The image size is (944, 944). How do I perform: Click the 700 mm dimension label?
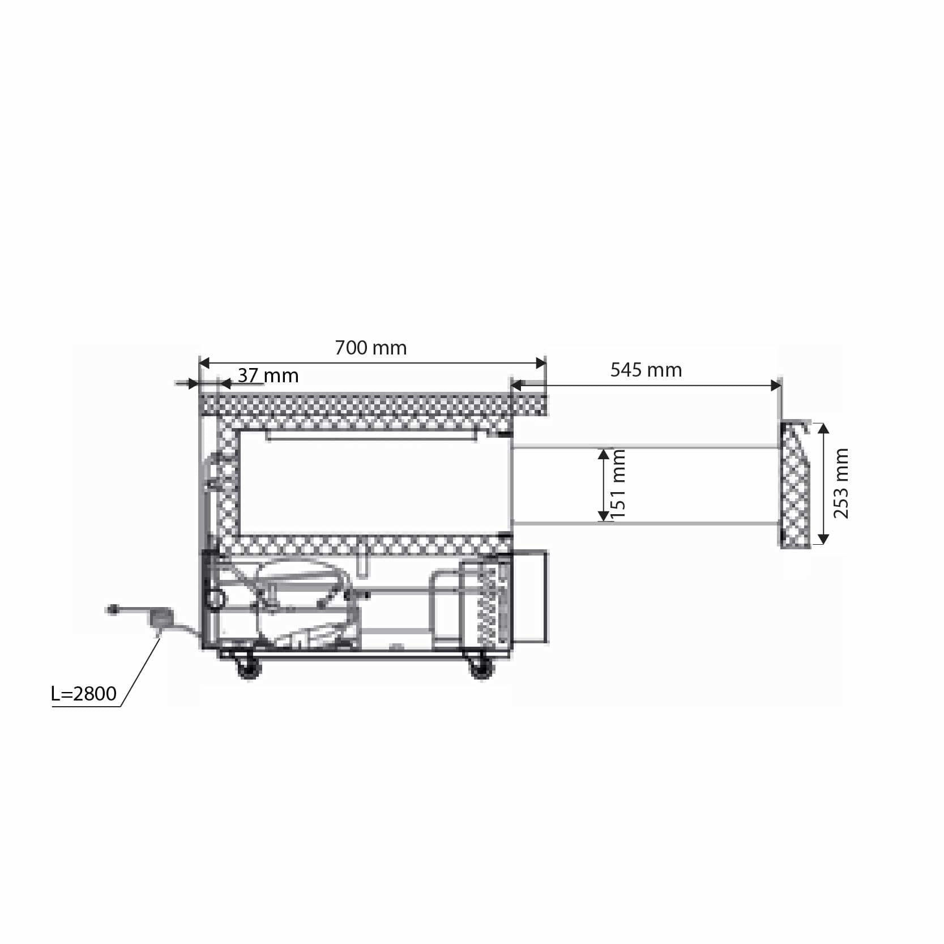point(370,348)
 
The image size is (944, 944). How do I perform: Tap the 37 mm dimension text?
point(268,375)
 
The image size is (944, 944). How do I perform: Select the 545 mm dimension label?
point(646,370)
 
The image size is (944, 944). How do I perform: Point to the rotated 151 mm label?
point(618,485)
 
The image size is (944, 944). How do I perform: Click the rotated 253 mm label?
point(841,483)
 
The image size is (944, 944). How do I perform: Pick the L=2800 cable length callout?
point(84,694)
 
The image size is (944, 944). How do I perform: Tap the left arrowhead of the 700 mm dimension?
point(204,363)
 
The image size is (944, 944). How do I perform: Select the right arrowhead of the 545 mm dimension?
point(776,386)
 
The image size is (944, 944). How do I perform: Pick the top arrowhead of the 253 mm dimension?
point(824,428)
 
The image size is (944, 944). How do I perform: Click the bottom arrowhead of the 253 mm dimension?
point(824,539)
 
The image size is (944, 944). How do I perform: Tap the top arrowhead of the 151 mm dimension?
point(604,454)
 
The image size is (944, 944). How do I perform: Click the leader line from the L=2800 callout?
point(140,671)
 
